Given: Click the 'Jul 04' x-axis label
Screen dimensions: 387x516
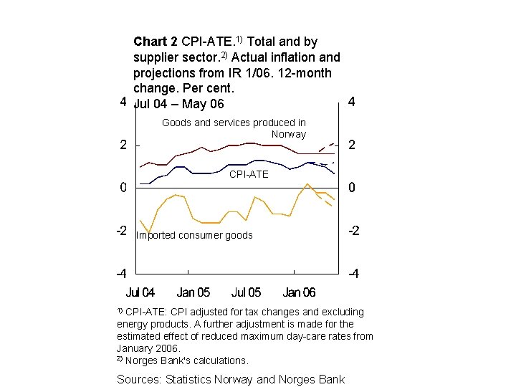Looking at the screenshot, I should [x=140, y=292].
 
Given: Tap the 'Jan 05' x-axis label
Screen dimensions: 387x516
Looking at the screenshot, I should [x=193, y=292].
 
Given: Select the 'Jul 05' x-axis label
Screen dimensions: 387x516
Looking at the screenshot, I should [x=246, y=292].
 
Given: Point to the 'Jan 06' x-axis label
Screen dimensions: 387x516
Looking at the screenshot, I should [x=299, y=292].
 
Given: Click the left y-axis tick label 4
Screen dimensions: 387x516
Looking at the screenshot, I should [x=123, y=102].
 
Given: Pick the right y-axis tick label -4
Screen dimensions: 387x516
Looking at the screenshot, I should [x=354, y=274].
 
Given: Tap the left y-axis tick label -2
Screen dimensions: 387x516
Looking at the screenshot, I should [x=121, y=231].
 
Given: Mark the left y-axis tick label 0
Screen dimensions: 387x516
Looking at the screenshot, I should [x=123, y=188].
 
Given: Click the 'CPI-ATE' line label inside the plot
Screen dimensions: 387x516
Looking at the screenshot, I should [x=249, y=174].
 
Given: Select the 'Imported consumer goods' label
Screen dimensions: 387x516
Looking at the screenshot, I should [x=194, y=235].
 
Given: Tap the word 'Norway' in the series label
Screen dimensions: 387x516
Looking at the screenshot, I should [x=289, y=134].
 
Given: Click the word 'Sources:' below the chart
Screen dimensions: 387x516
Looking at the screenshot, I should [x=139, y=380].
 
